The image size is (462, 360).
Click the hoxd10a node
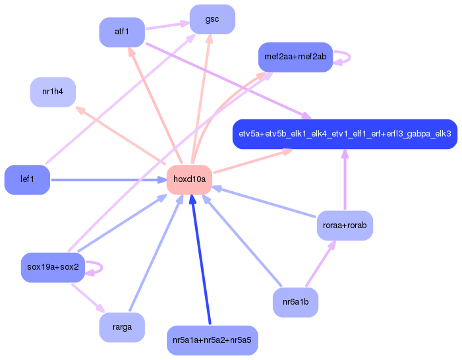point(189,179)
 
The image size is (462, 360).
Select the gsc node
point(212,19)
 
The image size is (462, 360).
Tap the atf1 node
point(122,32)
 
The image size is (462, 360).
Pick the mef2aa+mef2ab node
point(295,57)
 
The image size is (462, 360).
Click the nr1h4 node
point(53,92)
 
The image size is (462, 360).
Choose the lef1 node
point(27,179)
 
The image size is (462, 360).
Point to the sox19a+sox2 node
point(53,267)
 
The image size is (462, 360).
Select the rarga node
point(122,327)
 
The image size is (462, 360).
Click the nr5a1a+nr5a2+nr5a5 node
point(212,340)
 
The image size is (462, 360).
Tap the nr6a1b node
point(295,303)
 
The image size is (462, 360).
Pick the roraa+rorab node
point(345,225)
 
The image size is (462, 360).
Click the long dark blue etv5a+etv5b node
point(345,134)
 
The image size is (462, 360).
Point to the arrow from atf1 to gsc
point(167,26)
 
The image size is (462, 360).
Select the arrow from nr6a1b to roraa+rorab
point(320,264)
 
